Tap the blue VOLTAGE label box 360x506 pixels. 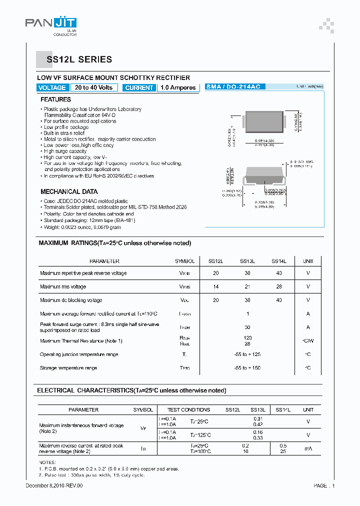click(x=52, y=87)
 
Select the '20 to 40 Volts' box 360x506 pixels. click(x=94, y=87)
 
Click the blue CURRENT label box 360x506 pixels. click(x=139, y=87)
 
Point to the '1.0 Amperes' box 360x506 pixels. click(x=178, y=87)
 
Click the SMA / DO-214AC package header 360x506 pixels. click(x=233, y=86)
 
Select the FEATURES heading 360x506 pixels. click(x=55, y=99)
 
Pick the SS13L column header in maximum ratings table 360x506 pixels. click(x=247, y=261)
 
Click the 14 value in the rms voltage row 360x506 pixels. click(x=216, y=286)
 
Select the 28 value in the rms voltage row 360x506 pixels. click(x=279, y=286)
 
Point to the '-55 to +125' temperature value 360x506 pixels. click(x=247, y=354)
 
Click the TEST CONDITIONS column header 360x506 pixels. click(x=188, y=409)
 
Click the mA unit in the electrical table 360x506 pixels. click(x=308, y=448)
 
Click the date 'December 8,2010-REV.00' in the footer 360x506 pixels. click(x=54, y=485)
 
